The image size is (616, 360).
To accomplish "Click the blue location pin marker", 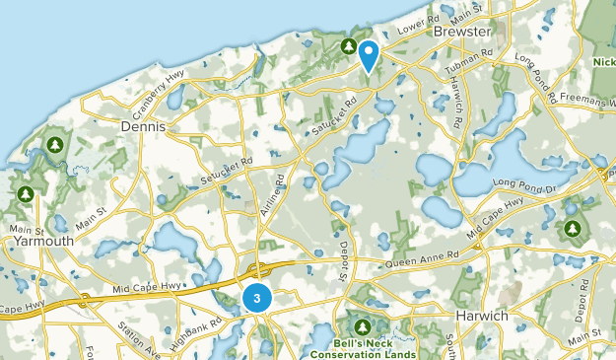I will pos(370,54).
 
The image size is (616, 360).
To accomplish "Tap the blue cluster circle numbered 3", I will pos(256,297).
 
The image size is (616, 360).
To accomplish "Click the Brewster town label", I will pos(461,33).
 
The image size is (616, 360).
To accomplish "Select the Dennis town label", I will pos(142,127).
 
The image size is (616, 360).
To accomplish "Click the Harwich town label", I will pos(481,316).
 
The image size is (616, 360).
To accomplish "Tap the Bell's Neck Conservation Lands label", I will pos(362,346).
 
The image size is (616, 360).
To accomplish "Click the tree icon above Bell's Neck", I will pos(362,325).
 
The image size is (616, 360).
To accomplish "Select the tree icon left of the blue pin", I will pos(348,45).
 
